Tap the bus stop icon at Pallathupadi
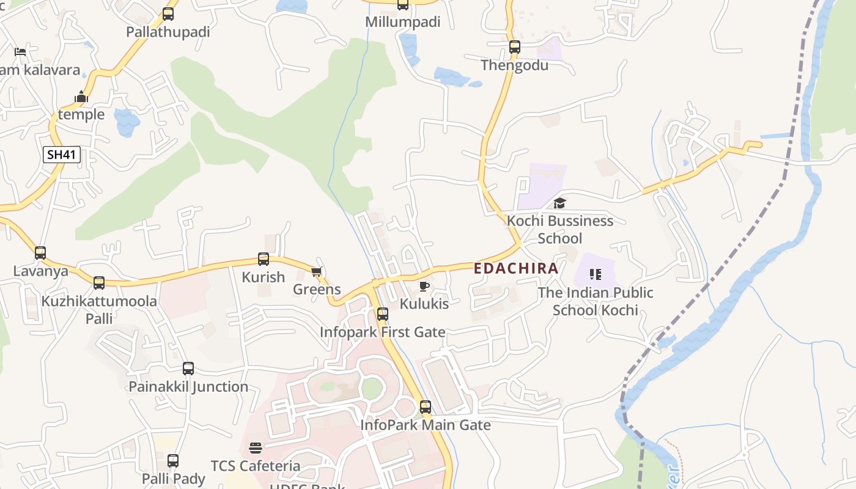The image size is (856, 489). tap(168, 14)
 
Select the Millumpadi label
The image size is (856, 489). tap(402, 22)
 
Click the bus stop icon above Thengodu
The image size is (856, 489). tap(515, 47)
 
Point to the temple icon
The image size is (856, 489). tap(81, 97)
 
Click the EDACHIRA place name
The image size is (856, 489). tap(516, 268)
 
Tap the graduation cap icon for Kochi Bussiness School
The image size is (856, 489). tap(559, 204)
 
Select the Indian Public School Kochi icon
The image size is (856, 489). tap(595, 275)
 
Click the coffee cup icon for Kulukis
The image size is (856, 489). tap(424, 286)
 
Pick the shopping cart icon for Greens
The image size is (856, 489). tap(316, 272)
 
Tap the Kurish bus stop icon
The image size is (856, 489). tap(264, 259)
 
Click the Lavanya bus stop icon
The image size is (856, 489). tap(40, 253)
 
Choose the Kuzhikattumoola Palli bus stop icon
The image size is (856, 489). tap(99, 283)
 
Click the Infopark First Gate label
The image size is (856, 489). tap(382, 333)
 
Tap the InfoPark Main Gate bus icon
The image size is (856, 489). tap(426, 407)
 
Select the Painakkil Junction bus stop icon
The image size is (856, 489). tap(188, 369)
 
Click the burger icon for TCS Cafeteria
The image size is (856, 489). tap(256, 448)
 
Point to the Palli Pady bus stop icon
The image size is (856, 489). tap(173, 461)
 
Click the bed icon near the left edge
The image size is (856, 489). tap(20, 52)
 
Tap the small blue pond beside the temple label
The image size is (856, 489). tap(127, 122)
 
